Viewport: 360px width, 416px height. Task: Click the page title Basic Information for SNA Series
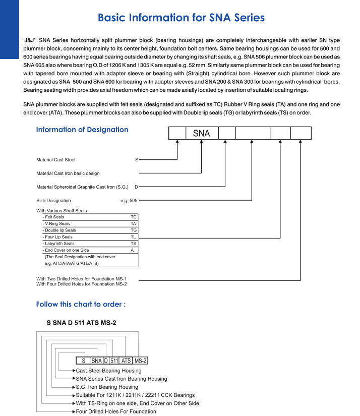pyautogui.click(x=181, y=18)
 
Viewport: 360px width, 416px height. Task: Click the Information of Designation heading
pyautogui.click(x=82, y=130)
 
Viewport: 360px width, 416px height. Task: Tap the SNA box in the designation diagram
pyautogui.click(x=202, y=134)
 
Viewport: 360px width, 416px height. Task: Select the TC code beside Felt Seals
pyautogui.click(x=133, y=217)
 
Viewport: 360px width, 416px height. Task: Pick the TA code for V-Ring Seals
pyautogui.click(x=133, y=223)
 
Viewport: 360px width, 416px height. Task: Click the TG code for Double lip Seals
pyautogui.click(x=133, y=230)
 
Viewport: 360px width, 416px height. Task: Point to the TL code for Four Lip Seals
pyautogui.click(x=133, y=236)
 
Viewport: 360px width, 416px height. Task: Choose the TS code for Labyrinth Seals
pyautogui.click(x=133, y=244)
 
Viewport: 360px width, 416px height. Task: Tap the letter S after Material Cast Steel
pyautogui.click(x=136, y=160)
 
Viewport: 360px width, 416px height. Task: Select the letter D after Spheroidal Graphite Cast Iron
pyautogui.click(x=136, y=187)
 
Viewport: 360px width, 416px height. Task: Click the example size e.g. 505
pyautogui.click(x=129, y=201)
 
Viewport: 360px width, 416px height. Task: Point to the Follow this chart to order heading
pyautogui.click(x=81, y=304)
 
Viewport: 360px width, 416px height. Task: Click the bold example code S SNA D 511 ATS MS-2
pyautogui.click(x=81, y=322)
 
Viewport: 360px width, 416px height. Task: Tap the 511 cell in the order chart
pyautogui.click(x=114, y=361)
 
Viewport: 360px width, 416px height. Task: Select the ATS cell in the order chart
pyautogui.click(x=126, y=361)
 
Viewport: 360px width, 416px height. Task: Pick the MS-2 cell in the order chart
pyautogui.click(x=141, y=361)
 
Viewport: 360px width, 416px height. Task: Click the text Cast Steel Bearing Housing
pyautogui.click(x=108, y=371)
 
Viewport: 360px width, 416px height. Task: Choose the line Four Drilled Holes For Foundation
pyautogui.click(x=115, y=411)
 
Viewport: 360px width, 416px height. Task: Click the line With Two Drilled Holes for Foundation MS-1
pyautogui.click(x=81, y=278)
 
